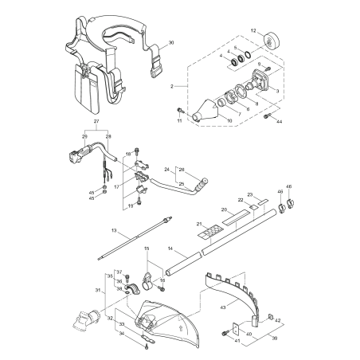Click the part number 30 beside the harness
click(x=171, y=42)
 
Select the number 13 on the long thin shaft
click(x=115, y=231)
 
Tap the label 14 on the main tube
click(x=170, y=249)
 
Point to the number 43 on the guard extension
click(x=222, y=307)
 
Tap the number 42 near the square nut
click(x=278, y=320)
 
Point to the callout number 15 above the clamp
click(x=146, y=249)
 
